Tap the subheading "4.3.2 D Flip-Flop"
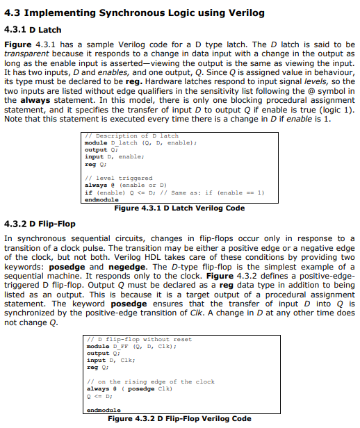pyautogui.click(x=40, y=224)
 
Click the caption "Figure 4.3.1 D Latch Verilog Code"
pyautogui.click(x=179, y=208)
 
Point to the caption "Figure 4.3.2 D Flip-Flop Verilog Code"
pyautogui.click(x=179, y=419)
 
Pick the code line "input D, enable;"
pyautogui.click(x=114, y=157)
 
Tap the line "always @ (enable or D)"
pyautogui.click(x=124, y=186)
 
